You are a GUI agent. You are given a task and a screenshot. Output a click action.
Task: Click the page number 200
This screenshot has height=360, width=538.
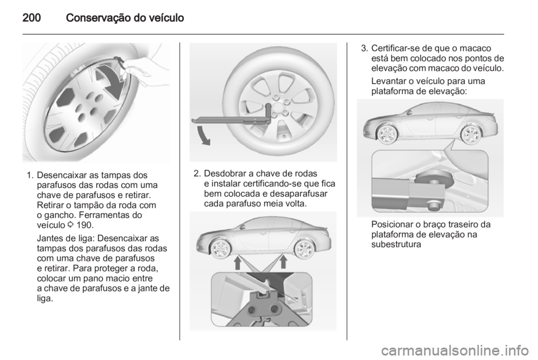tap(31, 17)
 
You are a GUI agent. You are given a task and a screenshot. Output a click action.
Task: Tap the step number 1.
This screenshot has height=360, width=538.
tap(30, 175)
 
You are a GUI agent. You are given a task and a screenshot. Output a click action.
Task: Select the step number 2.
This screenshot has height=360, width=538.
tap(197, 173)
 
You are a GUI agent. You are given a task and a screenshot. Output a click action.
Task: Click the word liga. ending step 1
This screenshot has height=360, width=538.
tap(45, 298)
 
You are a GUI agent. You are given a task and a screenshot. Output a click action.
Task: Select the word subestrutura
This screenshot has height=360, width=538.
tap(396, 244)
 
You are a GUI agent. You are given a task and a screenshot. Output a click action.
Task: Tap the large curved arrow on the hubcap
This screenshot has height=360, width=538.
tap(110, 81)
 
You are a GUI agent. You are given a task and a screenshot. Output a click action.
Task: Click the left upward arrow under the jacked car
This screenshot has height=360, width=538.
tap(238, 263)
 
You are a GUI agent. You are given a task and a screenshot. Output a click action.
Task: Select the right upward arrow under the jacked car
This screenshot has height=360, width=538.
tap(284, 262)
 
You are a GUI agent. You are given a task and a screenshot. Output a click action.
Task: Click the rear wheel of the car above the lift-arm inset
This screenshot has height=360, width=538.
tap(470, 135)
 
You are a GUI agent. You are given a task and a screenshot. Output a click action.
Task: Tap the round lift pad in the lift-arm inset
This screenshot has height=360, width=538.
tap(434, 179)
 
